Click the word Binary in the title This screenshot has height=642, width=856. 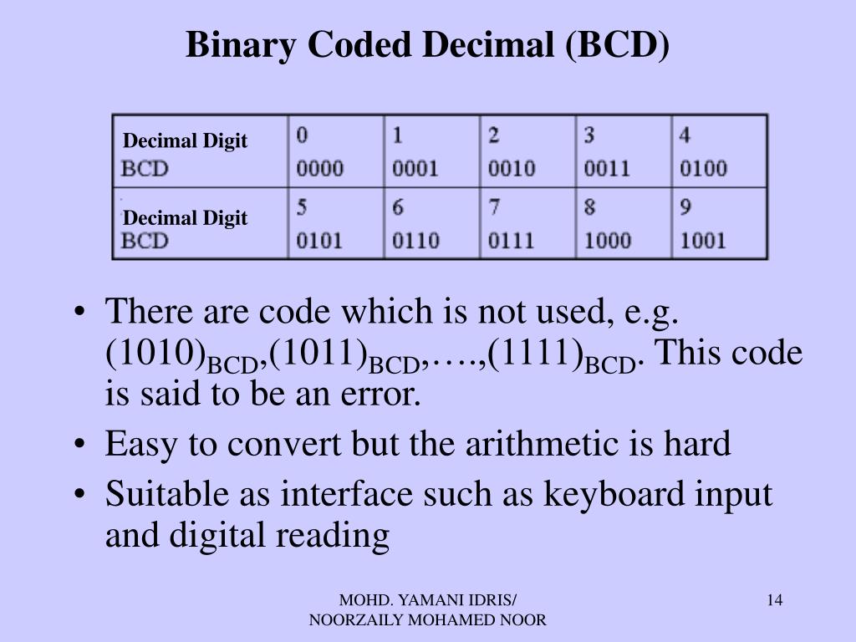point(241,45)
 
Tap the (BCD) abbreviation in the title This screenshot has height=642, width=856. point(618,45)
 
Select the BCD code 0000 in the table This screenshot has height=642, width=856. point(320,168)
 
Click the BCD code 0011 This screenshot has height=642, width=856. point(607,168)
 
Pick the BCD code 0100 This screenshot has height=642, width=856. point(703,168)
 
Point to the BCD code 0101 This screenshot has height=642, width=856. point(319,241)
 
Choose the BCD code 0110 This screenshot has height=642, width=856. point(415,241)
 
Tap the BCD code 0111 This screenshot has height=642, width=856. point(511,241)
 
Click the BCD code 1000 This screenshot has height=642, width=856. point(608,241)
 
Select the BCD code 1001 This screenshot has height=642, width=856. point(702,241)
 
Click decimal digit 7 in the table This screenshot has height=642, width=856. point(494,207)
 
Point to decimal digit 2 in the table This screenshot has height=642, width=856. point(493,135)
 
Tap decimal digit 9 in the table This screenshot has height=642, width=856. point(685,207)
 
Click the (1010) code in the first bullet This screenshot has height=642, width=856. point(155,353)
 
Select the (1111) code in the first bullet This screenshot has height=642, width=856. point(536,353)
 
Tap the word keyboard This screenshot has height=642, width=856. point(614,495)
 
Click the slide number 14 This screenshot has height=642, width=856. point(775,600)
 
